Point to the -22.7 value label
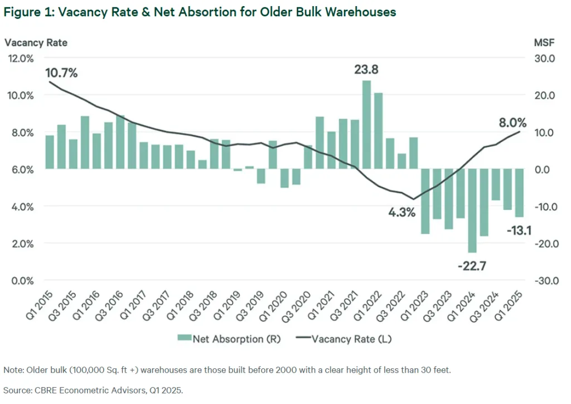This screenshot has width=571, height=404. (472, 266)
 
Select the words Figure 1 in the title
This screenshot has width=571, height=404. (27, 12)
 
